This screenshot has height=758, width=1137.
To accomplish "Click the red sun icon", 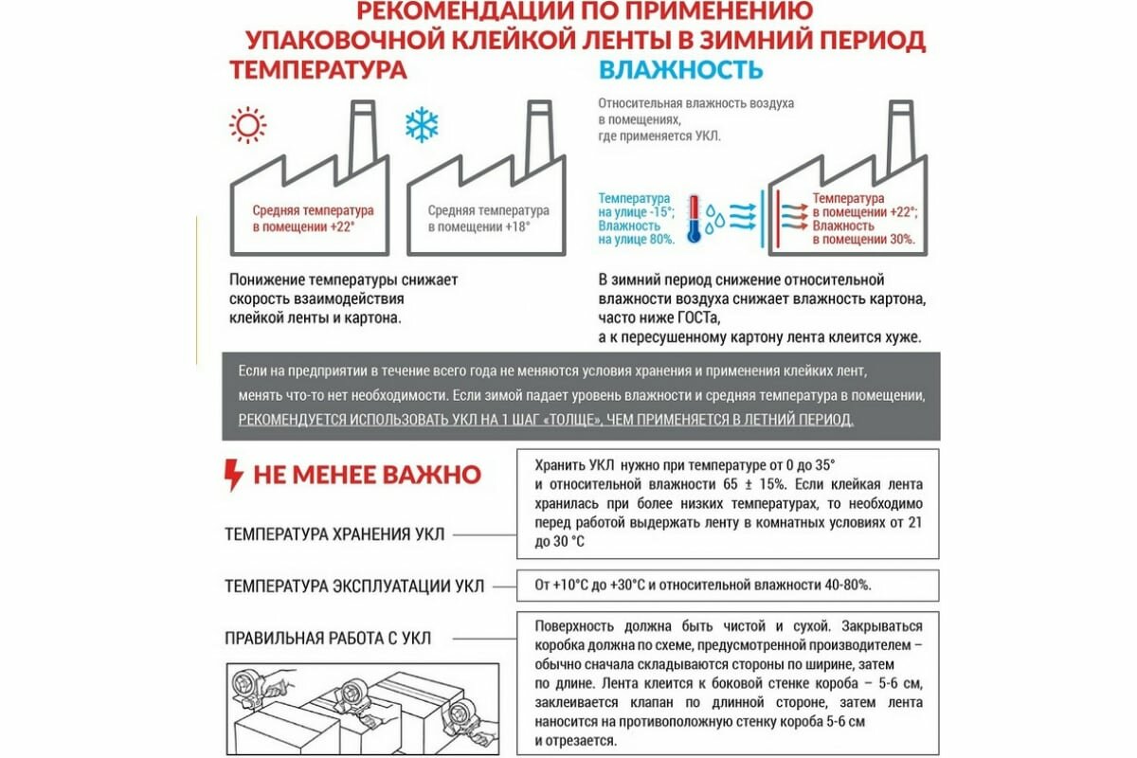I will click(x=248, y=125).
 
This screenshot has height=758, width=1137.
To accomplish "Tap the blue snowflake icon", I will click(x=422, y=124).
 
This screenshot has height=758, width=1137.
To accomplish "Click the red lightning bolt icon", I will click(x=233, y=475).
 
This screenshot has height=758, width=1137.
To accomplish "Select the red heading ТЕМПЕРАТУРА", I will click(x=318, y=71).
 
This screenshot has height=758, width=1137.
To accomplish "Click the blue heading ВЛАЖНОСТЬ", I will click(x=680, y=71).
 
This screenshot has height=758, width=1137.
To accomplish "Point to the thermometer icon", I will click(x=694, y=219).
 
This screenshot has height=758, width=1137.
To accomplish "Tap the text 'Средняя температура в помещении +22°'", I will click(x=313, y=219).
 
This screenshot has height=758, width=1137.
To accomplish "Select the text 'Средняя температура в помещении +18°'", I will click(x=488, y=219).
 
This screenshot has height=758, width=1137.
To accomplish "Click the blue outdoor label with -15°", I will click(x=636, y=219).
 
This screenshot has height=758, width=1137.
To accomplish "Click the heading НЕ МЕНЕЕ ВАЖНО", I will click(x=367, y=475).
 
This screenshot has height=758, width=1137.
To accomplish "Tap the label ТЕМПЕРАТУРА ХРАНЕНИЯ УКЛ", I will click(x=334, y=533).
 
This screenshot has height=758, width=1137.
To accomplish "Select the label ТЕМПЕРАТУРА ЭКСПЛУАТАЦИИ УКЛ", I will click(x=354, y=587).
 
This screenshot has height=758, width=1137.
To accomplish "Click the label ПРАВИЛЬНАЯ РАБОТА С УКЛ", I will click(x=328, y=639).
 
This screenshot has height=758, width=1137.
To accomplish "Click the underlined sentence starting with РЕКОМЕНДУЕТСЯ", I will click(x=546, y=419).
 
